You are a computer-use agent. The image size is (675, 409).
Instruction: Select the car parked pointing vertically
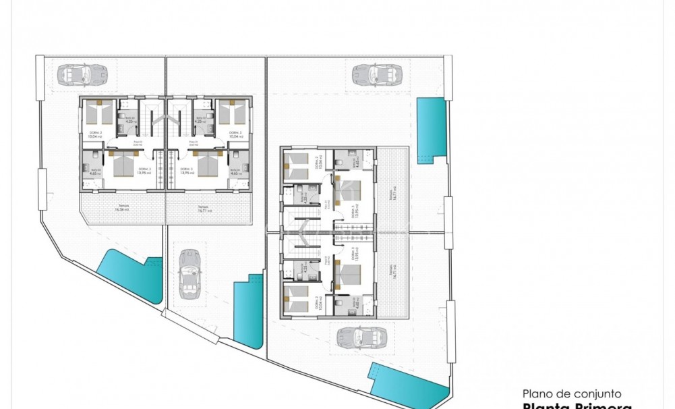[189, 275]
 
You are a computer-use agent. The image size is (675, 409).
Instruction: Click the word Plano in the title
[537, 393]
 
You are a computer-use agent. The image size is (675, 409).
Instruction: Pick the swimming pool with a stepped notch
[248, 311]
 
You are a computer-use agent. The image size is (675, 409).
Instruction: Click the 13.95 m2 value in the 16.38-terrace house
[144, 173]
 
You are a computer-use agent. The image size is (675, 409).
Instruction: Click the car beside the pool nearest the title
[361, 335]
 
